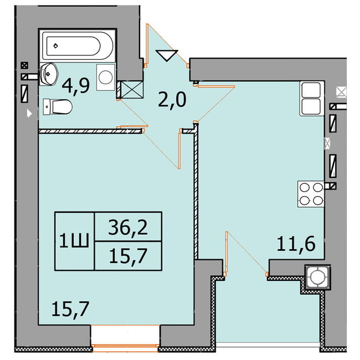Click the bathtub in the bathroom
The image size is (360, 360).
[77, 46]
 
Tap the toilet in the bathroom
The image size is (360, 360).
[58, 106]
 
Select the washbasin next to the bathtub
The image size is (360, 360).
[48, 74]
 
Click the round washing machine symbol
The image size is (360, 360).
[106, 77]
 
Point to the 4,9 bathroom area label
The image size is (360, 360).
[76, 86]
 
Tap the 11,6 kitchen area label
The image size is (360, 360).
[296, 244]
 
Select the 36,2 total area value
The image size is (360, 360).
[128, 227]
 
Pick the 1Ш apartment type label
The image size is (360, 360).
[74, 240]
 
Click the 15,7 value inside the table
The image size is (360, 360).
[128, 256]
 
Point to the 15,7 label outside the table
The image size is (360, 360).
[70, 309]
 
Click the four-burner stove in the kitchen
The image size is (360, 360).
[311, 194]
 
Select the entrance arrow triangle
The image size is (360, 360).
[167, 55]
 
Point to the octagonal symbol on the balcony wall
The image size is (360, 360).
[318, 277]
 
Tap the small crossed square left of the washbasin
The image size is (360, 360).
[24, 66]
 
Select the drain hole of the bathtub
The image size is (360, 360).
[55, 46]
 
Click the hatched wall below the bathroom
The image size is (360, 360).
[90, 131]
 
